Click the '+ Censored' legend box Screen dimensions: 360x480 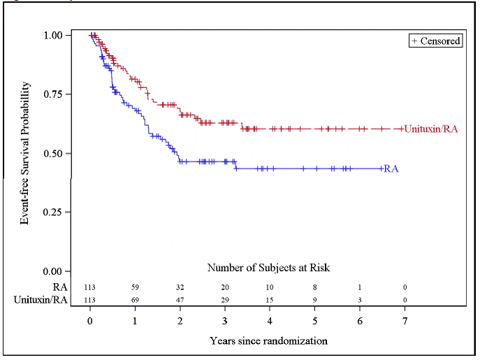coord(435,41)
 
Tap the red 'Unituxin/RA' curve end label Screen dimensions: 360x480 coord(431,129)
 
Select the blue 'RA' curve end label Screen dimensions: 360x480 coord(392,169)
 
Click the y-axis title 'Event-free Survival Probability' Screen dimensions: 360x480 coord(25,153)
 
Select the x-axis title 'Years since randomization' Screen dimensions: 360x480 coord(268,341)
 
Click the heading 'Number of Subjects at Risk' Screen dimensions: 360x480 coord(268,268)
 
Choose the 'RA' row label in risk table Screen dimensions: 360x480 coord(61,287)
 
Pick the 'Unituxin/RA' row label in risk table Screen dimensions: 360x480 coord(41,299)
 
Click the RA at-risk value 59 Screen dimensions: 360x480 coord(136,287)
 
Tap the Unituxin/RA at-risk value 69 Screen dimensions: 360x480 coord(136,299)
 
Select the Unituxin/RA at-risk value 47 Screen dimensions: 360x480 coord(180,299)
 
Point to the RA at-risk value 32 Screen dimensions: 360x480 coord(180,287)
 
